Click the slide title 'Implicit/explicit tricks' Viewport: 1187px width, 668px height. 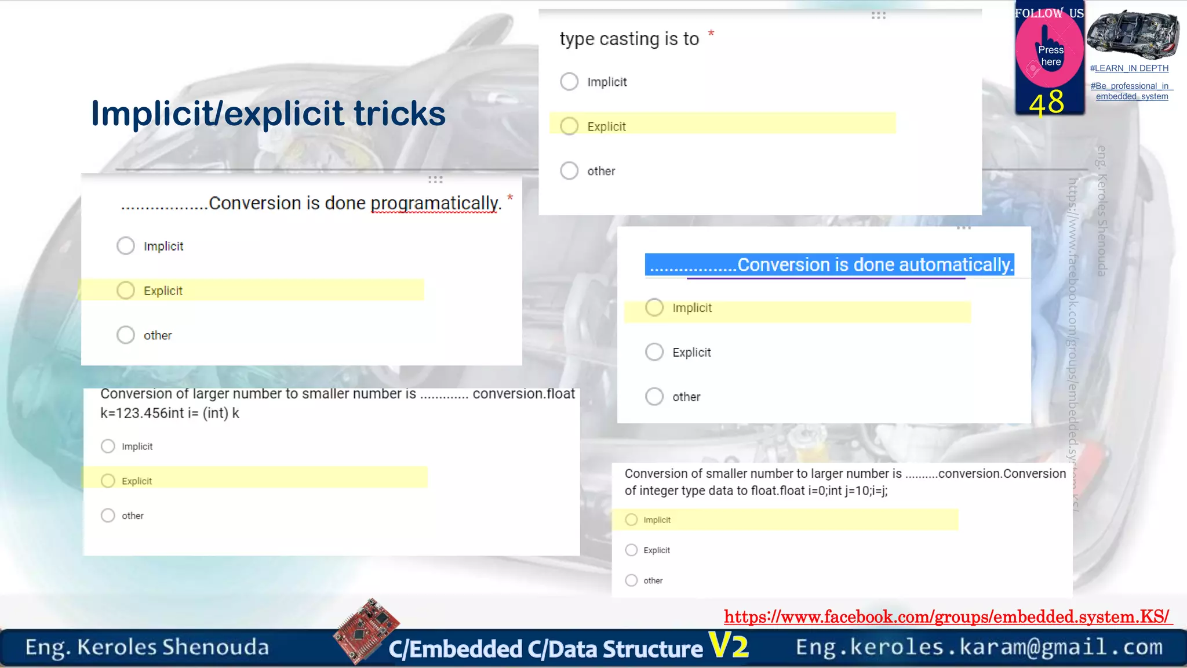[x=268, y=113]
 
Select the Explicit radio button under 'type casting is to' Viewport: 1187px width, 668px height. [x=569, y=126]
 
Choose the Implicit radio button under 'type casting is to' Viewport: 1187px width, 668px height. [x=569, y=81]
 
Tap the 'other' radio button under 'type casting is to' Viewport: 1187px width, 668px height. [x=569, y=170]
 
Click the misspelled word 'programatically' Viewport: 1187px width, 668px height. [x=434, y=203]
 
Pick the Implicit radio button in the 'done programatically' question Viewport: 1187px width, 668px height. [x=126, y=246]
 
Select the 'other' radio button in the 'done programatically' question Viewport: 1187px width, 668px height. [x=126, y=335]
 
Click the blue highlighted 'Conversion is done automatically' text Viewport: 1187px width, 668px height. [x=829, y=264]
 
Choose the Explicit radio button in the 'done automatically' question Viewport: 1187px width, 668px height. [x=654, y=352]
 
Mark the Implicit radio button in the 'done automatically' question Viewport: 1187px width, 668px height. [x=654, y=307]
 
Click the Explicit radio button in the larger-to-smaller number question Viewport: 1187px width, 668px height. [x=108, y=481]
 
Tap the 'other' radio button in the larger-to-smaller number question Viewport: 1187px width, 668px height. [x=108, y=515]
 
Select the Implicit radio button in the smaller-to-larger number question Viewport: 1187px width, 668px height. [x=631, y=520]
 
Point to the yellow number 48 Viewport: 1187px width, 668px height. [x=1047, y=103]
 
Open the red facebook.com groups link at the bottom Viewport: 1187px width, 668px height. [x=947, y=616]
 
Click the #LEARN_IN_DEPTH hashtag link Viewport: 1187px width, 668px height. [x=1129, y=68]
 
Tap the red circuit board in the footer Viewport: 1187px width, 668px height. [x=366, y=630]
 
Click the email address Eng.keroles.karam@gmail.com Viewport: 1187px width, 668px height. [x=979, y=647]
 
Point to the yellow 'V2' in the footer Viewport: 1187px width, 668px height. [x=729, y=645]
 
